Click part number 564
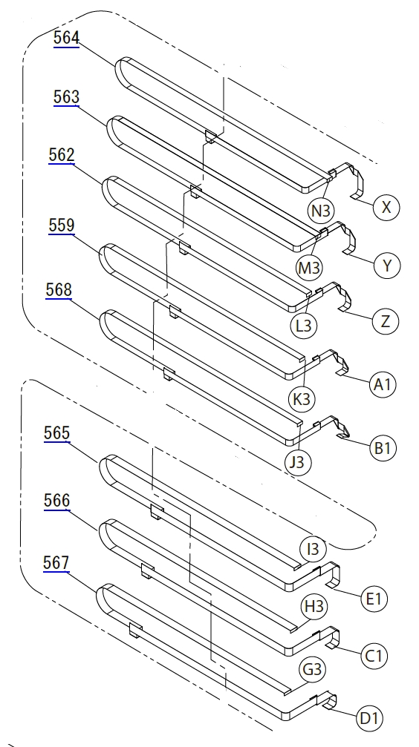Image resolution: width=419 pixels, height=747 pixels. point(66,38)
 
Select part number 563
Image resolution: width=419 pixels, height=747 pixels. point(66,97)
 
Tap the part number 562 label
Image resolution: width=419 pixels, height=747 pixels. point(62,155)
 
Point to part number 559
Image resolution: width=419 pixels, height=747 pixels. point(62,225)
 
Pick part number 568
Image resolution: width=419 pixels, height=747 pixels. point(59,290)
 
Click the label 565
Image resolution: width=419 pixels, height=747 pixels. point(56,433)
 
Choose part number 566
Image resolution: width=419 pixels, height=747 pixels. point(56,501)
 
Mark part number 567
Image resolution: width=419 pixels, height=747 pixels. point(56,563)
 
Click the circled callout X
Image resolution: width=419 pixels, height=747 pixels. point(386,207)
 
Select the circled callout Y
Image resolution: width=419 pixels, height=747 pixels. point(387,266)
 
